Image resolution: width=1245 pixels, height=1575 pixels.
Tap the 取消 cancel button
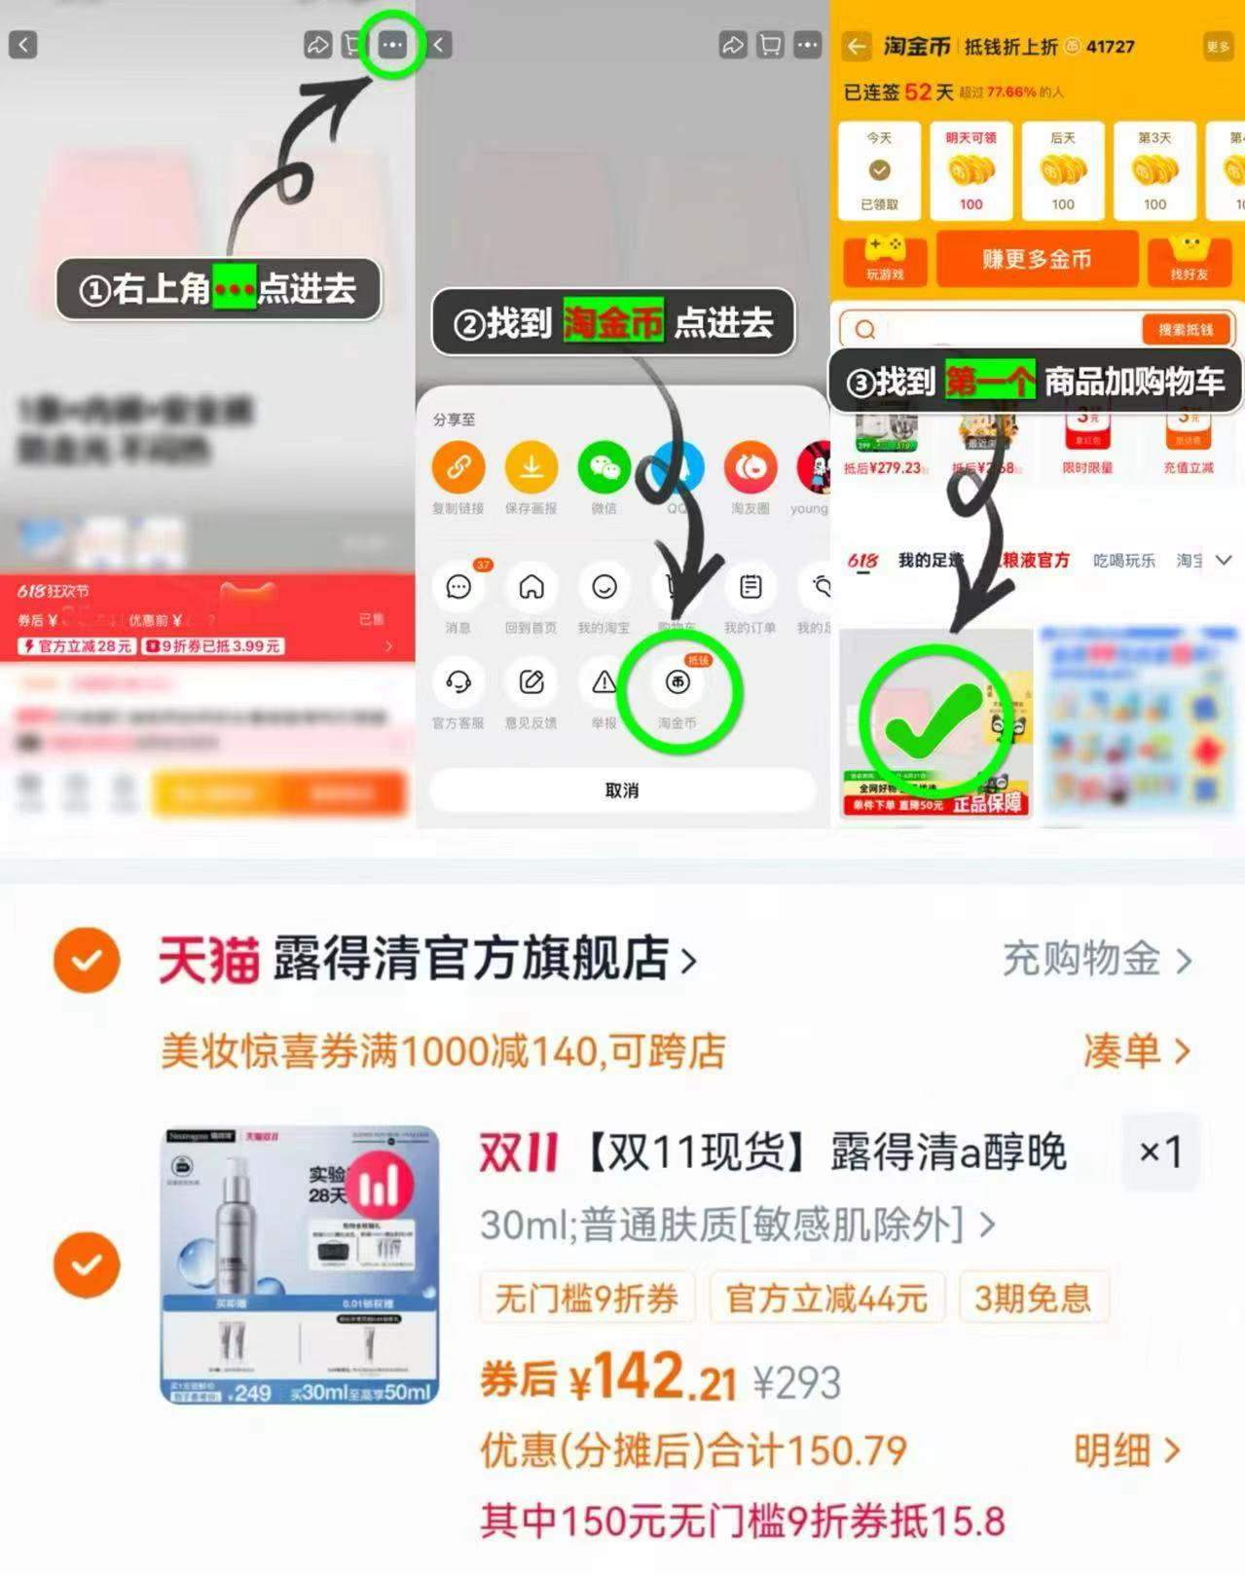[x=622, y=790]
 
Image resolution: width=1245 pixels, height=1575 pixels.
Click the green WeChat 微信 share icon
[x=604, y=468]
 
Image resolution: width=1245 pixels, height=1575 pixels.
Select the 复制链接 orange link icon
[x=458, y=468]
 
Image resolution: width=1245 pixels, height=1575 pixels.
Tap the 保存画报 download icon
[x=531, y=468]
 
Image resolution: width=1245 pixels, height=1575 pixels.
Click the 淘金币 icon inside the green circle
[x=677, y=682]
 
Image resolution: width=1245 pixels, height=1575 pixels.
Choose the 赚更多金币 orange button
[x=1037, y=259]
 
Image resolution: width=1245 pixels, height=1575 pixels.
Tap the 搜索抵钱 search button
[x=1185, y=330]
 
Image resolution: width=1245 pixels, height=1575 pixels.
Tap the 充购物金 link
[x=1096, y=960]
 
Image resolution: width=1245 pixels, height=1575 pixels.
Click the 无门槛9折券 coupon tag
[x=586, y=1298]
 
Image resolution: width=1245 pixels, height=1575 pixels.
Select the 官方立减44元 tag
[x=826, y=1298]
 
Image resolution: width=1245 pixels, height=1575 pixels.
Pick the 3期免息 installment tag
[x=1033, y=1298]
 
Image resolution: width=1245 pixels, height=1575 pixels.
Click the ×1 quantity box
[x=1159, y=1153]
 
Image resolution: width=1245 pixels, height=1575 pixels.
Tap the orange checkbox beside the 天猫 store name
[x=87, y=961]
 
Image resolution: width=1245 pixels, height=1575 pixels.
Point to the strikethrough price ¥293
[x=797, y=1382]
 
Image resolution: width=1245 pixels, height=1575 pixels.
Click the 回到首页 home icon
[x=531, y=587]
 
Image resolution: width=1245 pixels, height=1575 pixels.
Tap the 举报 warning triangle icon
[x=604, y=682]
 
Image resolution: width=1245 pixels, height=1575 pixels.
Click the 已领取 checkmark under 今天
[x=879, y=171]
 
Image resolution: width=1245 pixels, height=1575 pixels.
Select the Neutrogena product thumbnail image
[x=300, y=1264]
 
